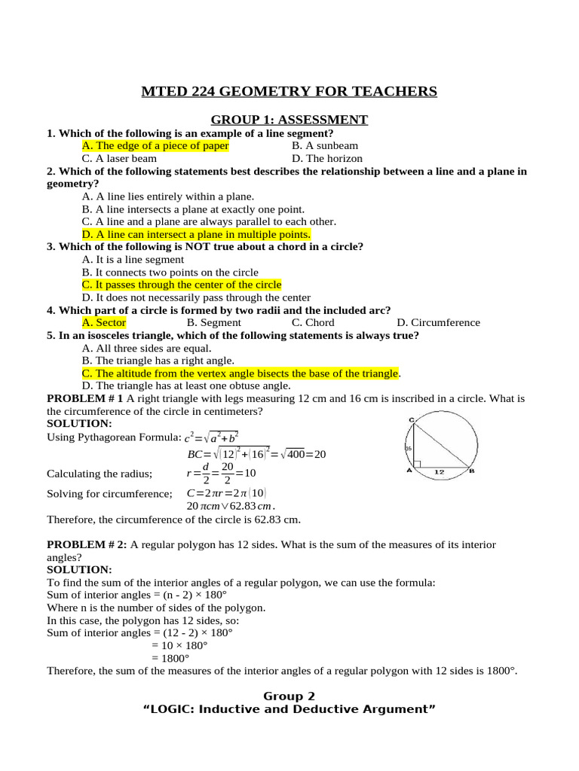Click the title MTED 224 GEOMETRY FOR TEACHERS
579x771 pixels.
(289, 92)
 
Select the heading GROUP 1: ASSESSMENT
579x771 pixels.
(289, 120)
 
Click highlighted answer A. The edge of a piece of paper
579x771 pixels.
(155, 145)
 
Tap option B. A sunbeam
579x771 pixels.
(325, 145)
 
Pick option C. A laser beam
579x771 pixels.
(119, 158)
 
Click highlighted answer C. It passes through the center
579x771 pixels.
(181, 285)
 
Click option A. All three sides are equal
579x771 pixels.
(147, 348)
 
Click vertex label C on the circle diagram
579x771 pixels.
(412, 419)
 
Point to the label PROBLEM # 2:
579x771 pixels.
(87, 544)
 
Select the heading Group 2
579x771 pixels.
(289, 696)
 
